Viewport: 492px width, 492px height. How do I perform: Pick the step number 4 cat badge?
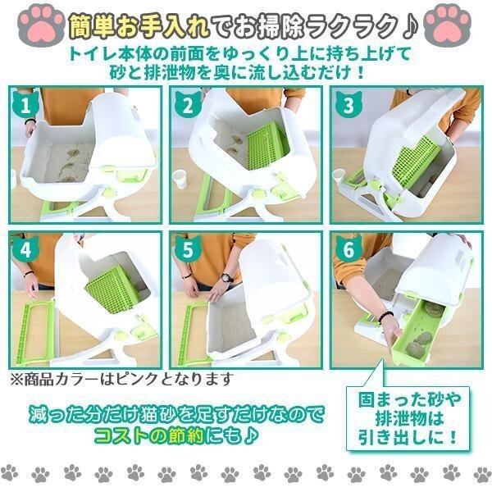point(25,248)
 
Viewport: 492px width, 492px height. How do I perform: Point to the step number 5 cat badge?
point(187,248)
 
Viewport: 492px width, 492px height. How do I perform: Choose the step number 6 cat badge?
point(348,248)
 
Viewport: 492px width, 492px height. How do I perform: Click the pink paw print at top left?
point(41,25)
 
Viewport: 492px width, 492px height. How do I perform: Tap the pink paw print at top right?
point(448,25)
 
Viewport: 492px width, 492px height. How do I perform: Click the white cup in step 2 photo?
point(180,178)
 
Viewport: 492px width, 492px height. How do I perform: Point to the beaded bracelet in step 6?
point(385,317)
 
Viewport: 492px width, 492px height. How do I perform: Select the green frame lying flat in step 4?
point(34,333)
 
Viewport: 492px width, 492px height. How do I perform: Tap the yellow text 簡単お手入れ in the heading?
point(139,26)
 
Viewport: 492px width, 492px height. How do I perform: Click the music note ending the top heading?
point(410,26)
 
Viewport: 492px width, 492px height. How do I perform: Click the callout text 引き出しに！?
point(408,437)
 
